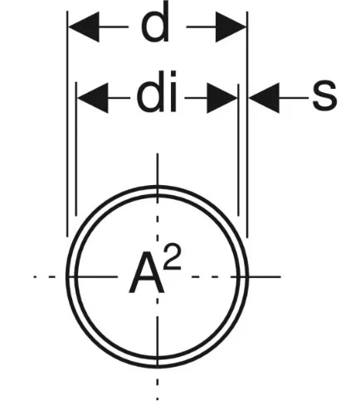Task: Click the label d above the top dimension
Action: click(155, 23)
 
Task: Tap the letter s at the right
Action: click(324, 95)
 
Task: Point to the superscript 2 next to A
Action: click(172, 257)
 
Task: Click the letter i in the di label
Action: click(173, 92)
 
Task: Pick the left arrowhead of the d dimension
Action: click(84, 27)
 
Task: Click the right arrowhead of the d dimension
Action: click(231, 27)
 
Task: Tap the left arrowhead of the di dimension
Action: click(93, 98)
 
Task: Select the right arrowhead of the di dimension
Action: click(222, 98)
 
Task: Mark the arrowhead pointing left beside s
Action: click(264, 98)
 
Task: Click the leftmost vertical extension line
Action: click(67, 124)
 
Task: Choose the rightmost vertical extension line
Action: click(247, 124)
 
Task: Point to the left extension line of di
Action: click(76, 149)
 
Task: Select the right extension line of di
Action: click(238, 149)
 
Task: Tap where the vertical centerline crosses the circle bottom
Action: click(158, 366)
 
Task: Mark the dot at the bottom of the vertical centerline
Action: click(158, 398)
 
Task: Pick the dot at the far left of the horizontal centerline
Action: click(35, 276)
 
